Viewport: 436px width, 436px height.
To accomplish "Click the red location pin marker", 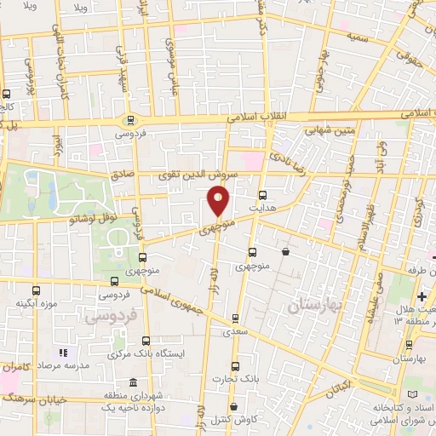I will pos(219,201).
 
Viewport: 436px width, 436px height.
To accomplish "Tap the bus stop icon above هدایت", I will pos(261,194).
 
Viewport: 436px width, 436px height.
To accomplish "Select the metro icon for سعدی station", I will pos(237,319).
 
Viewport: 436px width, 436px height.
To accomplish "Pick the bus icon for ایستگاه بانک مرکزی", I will pos(146,342).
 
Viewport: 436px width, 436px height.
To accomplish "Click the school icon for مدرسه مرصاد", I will pos(61,353).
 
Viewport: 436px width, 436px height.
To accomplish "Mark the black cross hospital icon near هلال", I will pos(422,295).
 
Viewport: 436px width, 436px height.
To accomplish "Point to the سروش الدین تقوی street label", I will pos(186,175).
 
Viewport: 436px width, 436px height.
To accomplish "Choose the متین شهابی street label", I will pos(312,129).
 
